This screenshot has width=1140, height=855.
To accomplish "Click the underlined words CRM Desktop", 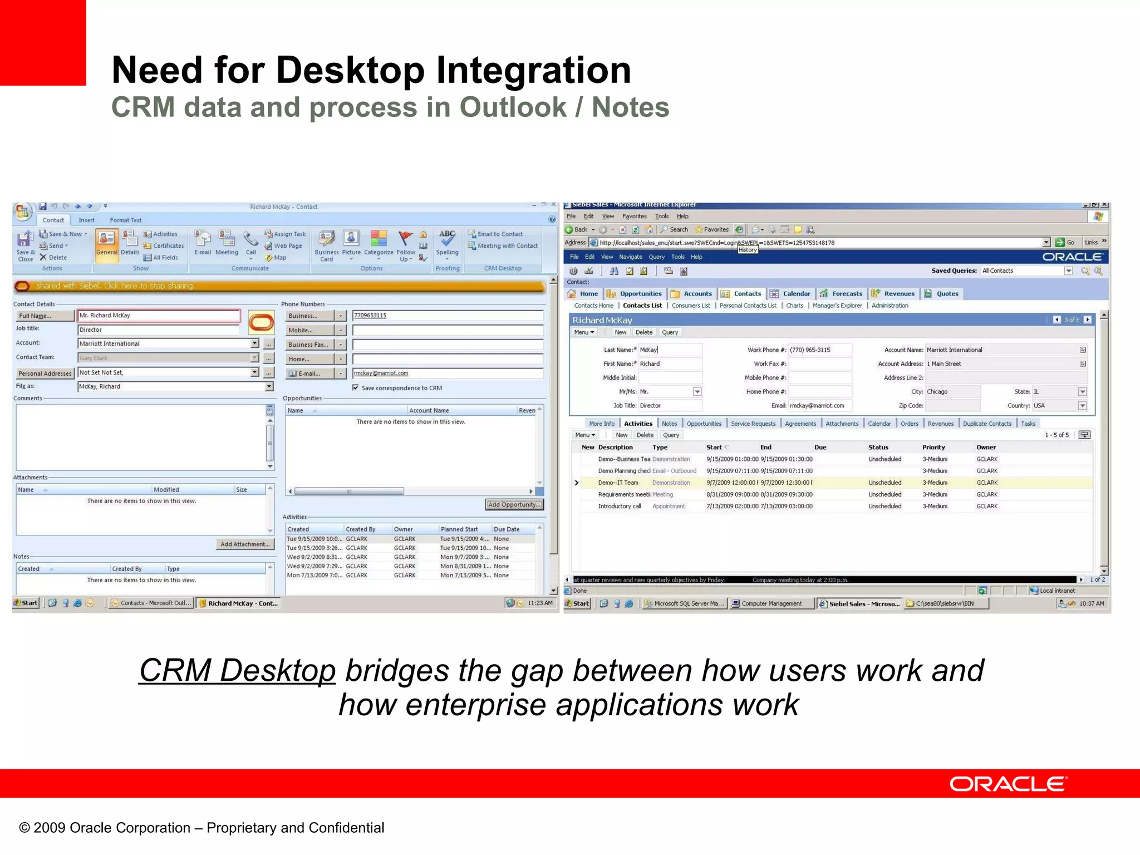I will click(x=237, y=670).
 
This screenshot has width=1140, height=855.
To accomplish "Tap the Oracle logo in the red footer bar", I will click(x=1008, y=784).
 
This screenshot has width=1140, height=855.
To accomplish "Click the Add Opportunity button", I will click(x=514, y=505).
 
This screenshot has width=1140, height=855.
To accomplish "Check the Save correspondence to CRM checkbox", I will click(x=356, y=388).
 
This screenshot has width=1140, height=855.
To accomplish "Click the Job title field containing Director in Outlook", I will click(x=159, y=330).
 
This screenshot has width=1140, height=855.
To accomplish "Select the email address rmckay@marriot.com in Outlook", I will click(x=381, y=374).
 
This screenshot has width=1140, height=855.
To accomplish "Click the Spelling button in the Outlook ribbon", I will click(x=447, y=243).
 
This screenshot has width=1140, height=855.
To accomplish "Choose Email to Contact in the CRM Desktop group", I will click(x=499, y=234).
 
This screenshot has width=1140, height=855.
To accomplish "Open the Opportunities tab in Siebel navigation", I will click(x=640, y=294).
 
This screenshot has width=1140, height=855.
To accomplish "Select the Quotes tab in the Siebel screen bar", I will click(x=947, y=294).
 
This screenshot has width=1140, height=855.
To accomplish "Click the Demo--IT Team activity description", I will click(x=618, y=483).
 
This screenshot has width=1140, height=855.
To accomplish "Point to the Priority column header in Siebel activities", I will click(x=933, y=448).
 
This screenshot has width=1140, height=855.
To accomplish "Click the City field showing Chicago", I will click(x=951, y=392).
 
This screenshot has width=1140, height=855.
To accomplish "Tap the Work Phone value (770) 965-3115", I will click(x=810, y=350).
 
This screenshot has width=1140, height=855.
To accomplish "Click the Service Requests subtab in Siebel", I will click(x=753, y=424).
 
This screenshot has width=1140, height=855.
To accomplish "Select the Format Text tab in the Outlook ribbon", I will click(x=125, y=220).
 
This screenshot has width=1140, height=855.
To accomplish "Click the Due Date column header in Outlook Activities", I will click(x=507, y=529).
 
